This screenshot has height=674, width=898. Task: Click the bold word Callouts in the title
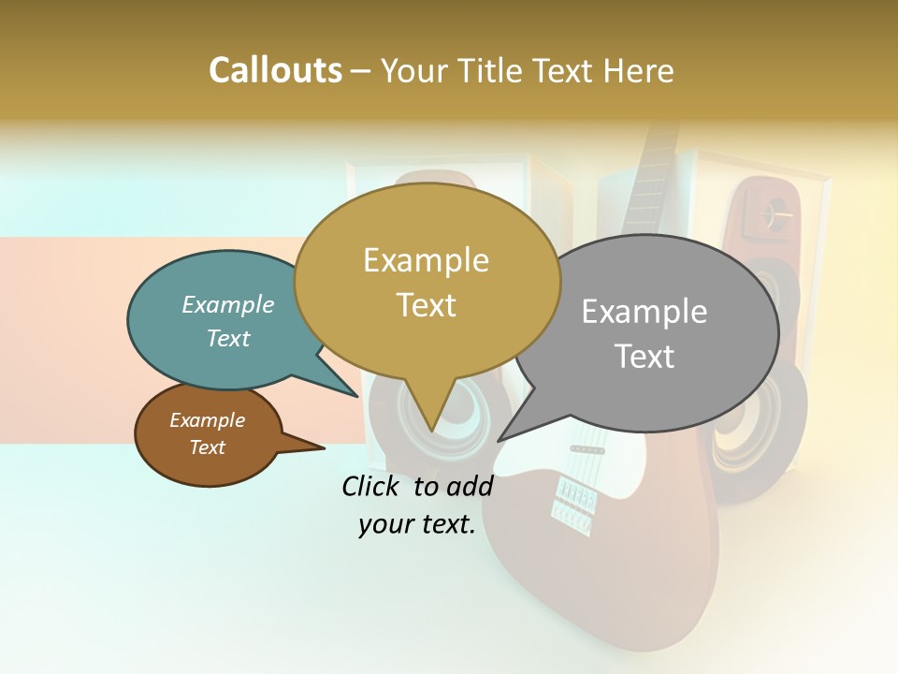point(275,70)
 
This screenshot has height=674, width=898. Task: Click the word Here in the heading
point(640,71)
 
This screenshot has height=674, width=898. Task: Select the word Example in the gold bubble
point(426,260)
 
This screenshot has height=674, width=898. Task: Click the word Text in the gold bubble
point(426,305)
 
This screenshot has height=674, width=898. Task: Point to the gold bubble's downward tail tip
point(431,430)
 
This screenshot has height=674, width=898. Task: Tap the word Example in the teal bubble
point(228,305)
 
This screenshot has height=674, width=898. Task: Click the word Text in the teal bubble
point(228,339)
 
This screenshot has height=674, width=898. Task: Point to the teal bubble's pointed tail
point(357,396)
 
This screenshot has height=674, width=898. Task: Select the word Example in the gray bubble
point(645,312)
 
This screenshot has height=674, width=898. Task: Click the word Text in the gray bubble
point(645,357)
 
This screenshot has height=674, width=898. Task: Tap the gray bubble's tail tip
point(499,440)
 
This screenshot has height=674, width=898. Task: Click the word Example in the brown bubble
point(207,421)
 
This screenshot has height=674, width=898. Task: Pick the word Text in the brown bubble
point(207,447)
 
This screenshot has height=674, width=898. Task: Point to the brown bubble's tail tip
point(324,448)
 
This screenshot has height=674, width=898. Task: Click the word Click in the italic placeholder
point(373,486)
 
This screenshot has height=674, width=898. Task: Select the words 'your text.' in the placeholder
point(417,525)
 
